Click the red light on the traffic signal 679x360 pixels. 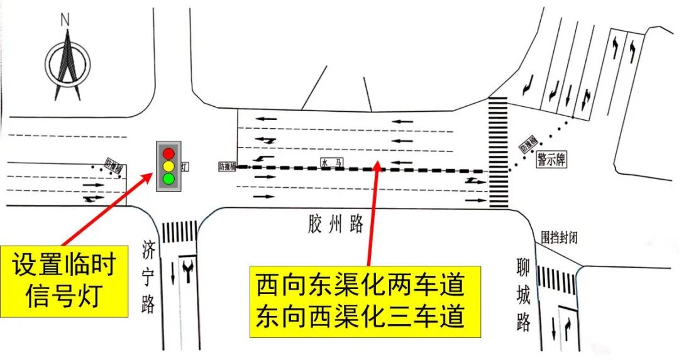point(168,153)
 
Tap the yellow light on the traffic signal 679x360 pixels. point(168,166)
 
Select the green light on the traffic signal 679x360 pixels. point(168,178)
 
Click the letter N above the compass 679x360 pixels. point(65,19)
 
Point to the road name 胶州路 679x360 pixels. point(336,224)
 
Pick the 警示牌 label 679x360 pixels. point(551,161)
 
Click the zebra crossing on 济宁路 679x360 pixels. point(180,232)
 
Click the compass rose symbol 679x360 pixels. point(67,63)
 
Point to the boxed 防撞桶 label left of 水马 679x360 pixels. point(227,166)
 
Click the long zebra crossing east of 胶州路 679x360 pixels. point(498,152)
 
